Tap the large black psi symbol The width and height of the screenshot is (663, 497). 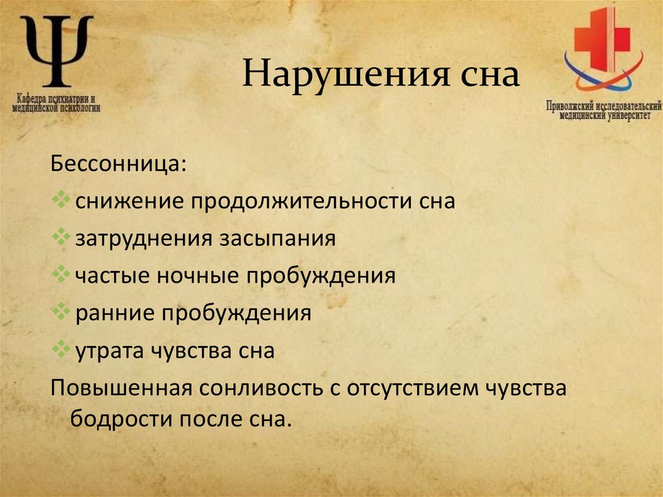coord(58,51)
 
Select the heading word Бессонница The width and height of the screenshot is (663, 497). coord(116,163)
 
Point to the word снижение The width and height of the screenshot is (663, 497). coord(128,202)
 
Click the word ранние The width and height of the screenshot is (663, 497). coord(114,314)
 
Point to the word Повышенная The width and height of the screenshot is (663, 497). coord(122,389)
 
